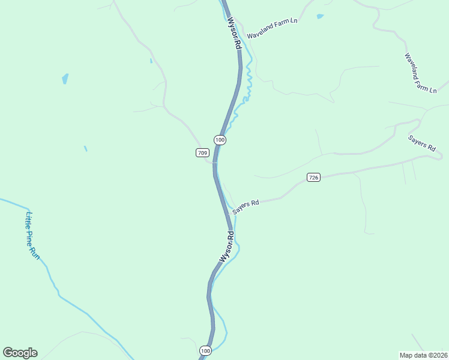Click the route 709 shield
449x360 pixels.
pyautogui.click(x=202, y=153)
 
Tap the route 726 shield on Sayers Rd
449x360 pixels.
pyautogui.click(x=313, y=177)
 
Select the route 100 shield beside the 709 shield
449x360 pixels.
pyautogui.click(x=220, y=140)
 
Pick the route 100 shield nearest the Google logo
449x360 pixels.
pyautogui.click(x=205, y=350)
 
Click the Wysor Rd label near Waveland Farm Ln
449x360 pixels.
pyautogui.click(x=234, y=34)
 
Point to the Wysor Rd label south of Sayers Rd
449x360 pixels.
pyautogui.click(x=226, y=247)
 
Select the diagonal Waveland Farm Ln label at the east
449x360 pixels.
pyautogui.click(x=420, y=73)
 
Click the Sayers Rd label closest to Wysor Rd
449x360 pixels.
pyautogui.click(x=246, y=206)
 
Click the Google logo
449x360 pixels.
pyautogui.click(x=20, y=353)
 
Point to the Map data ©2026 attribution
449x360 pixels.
pyautogui.click(x=423, y=355)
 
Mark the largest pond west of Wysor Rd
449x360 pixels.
pyautogui.click(x=65, y=79)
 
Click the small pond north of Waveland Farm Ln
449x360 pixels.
pyautogui.click(x=320, y=16)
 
